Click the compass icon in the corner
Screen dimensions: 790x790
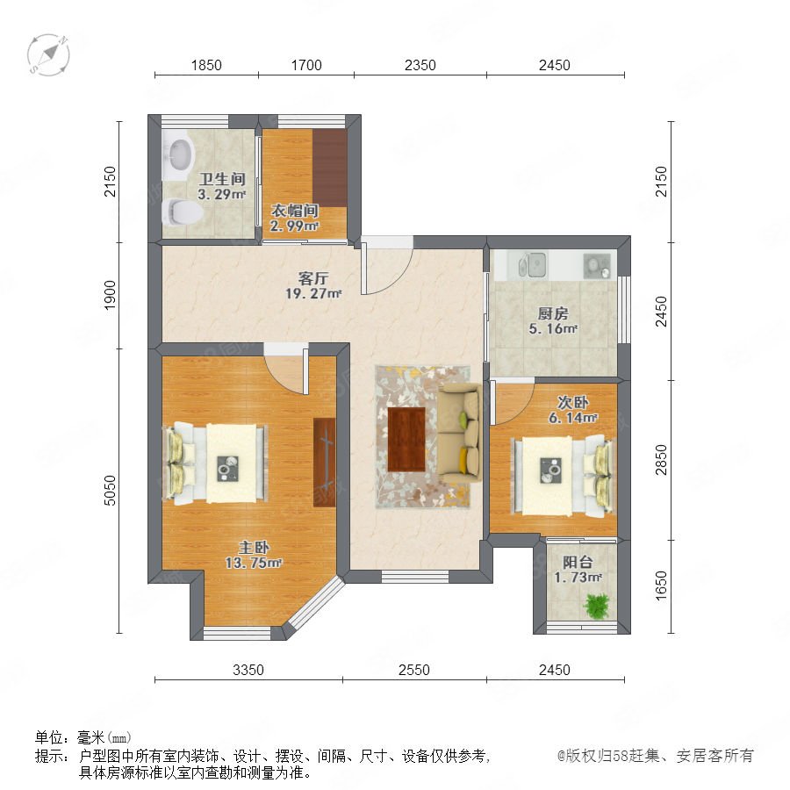(48, 55)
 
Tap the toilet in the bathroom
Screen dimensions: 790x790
(182, 212)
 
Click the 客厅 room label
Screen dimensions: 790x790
(313, 278)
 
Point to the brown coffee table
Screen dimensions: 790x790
(406, 439)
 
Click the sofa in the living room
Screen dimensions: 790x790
(459, 433)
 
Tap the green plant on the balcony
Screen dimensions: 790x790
(597, 606)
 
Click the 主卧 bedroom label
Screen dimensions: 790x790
(254, 548)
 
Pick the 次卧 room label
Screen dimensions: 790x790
(573, 403)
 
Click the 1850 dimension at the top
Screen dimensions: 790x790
(206, 66)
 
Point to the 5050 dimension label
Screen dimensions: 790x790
(110, 490)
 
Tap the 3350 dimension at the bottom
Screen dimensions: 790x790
(248, 670)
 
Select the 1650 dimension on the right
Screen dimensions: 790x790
(661, 585)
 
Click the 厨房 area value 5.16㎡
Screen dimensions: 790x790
(553, 329)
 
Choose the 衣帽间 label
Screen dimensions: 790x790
(295, 211)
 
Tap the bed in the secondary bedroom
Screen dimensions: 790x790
(564, 475)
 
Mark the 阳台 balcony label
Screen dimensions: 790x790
(578, 563)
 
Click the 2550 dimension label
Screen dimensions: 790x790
(414, 670)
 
